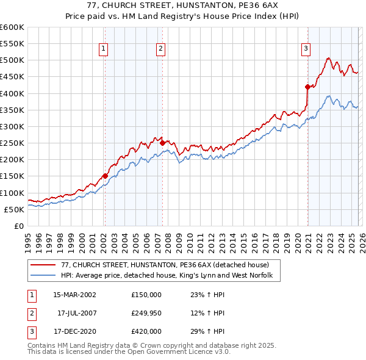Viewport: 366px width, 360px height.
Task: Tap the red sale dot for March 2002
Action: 105,176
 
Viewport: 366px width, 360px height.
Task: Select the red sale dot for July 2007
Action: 162,143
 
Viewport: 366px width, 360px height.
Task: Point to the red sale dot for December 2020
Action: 307,87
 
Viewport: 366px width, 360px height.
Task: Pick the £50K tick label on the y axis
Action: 14,209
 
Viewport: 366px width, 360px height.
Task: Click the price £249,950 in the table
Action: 146,313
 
